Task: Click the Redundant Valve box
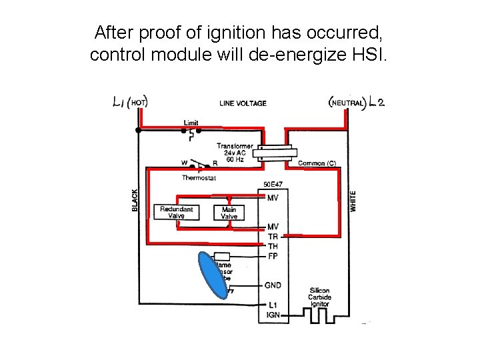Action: coord(177,212)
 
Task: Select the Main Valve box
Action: coord(229,212)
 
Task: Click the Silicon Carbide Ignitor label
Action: coord(320,297)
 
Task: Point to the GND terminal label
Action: coord(273,285)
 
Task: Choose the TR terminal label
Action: coord(273,237)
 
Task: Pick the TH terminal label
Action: coord(273,247)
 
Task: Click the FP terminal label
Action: coord(273,257)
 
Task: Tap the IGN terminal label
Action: coord(273,315)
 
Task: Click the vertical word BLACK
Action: coord(135,199)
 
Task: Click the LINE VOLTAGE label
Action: coord(243,103)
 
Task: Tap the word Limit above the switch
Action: coord(191,123)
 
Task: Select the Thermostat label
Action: coord(199,178)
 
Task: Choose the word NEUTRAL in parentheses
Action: coord(348,103)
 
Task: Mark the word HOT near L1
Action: coord(138,103)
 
